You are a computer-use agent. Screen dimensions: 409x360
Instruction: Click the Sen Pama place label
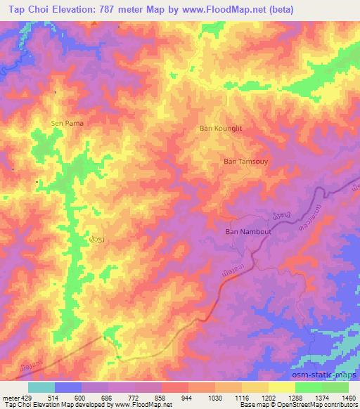tap(67, 123)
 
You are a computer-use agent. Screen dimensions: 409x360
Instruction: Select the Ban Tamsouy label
tap(245, 161)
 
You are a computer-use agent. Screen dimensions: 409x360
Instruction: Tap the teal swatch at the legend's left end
tap(41, 387)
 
